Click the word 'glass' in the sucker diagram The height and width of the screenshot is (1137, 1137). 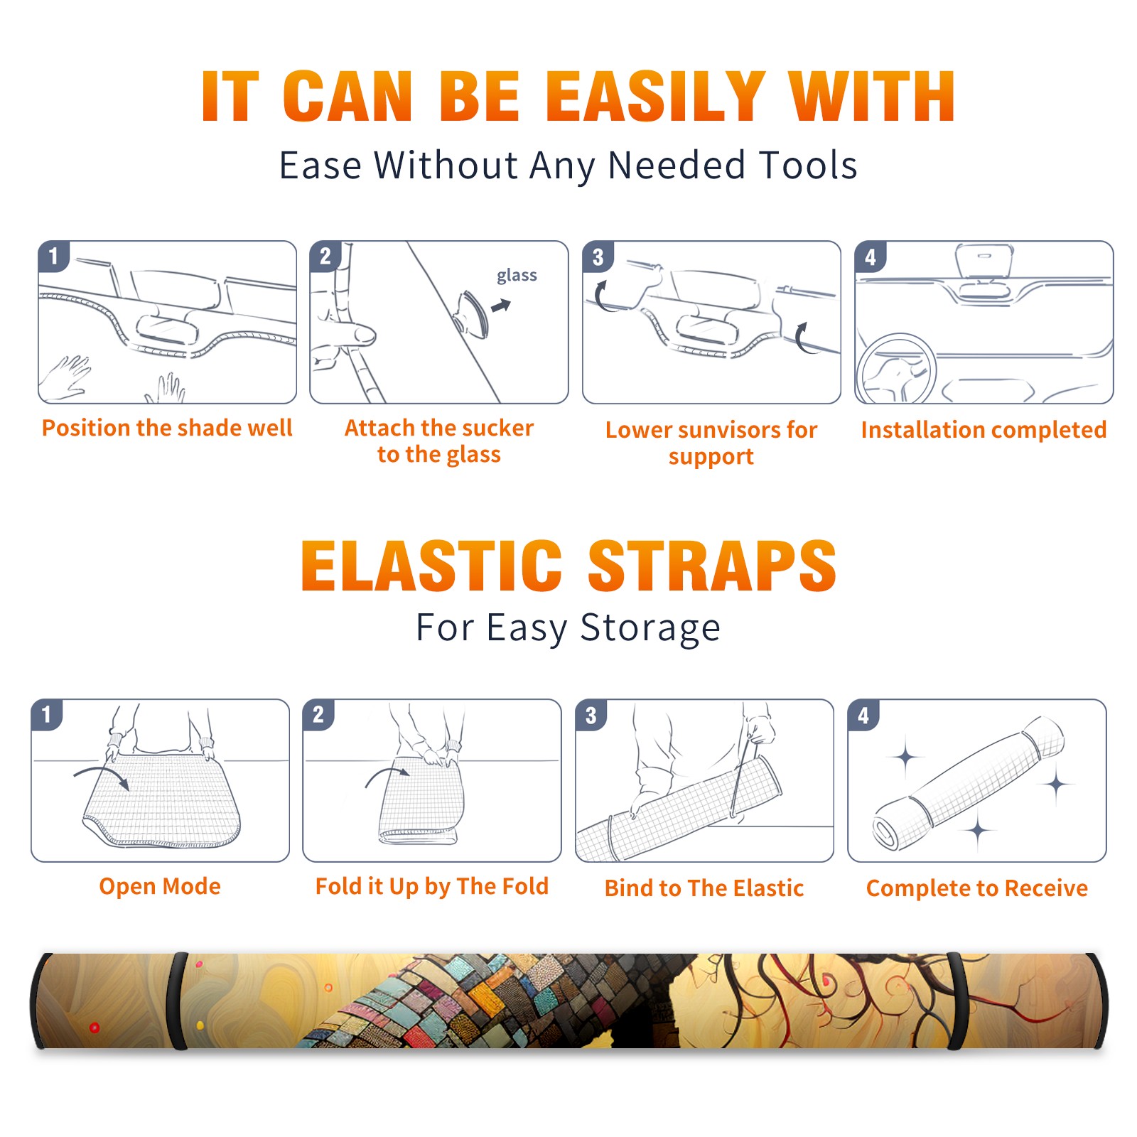click(x=517, y=275)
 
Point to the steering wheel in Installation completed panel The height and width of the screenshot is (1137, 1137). click(x=895, y=370)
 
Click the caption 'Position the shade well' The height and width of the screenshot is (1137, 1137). click(x=167, y=428)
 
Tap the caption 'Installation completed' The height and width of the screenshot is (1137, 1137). click(x=984, y=429)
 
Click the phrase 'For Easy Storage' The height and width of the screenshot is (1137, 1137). click(x=568, y=627)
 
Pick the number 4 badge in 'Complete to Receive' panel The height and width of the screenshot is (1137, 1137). click(x=863, y=715)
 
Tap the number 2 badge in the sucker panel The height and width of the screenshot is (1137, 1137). click(x=325, y=256)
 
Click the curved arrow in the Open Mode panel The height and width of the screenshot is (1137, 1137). click(x=102, y=776)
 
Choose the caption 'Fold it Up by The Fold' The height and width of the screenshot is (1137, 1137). click(x=432, y=886)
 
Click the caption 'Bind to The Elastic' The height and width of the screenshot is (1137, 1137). click(x=704, y=888)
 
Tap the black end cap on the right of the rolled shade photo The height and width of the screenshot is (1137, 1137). click(x=1097, y=1001)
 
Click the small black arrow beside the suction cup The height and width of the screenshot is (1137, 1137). click(x=502, y=306)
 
